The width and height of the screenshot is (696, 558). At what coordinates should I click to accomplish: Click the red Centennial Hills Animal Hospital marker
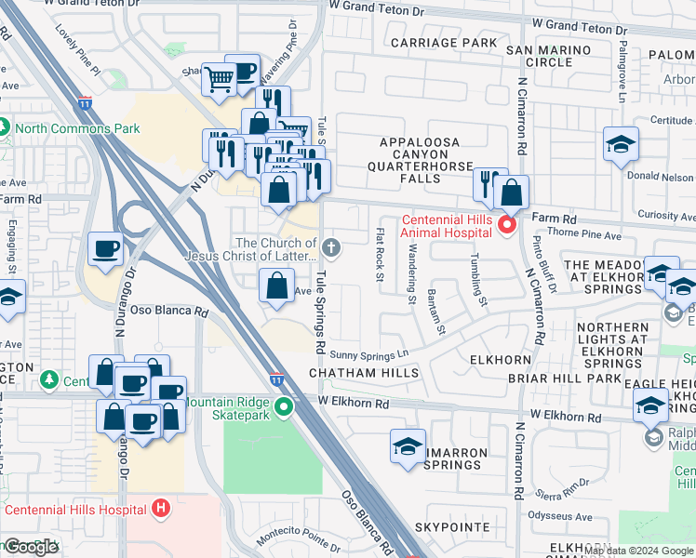click(x=507, y=225)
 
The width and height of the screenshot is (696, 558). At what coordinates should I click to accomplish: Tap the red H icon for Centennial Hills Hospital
click(x=162, y=509)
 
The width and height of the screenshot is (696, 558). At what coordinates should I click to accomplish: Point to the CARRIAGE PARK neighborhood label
click(x=444, y=43)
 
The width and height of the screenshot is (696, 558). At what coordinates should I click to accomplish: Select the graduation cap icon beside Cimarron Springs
click(x=408, y=446)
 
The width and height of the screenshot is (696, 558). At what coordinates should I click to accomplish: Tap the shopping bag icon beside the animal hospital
click(x=511, y=193)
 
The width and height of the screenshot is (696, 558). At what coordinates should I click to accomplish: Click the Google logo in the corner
click(x=32, y=547)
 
